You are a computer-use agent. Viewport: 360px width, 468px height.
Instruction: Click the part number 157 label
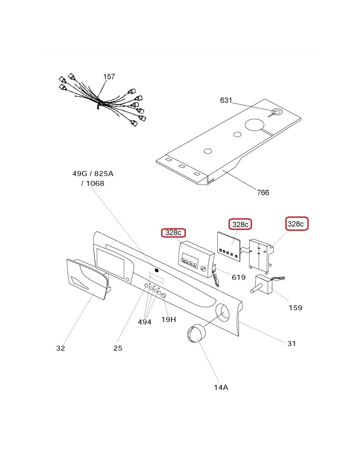(x=109, y=77)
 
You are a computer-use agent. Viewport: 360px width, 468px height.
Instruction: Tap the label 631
(x=226, y=100)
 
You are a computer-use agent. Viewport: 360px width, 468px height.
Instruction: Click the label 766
(x=263, y=193)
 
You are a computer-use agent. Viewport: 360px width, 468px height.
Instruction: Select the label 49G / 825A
(x=93, y=173)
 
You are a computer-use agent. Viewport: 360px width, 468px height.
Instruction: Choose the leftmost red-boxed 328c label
(x=173, y=233)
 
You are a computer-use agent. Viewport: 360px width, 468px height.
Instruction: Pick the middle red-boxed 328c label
(x=240, y=224)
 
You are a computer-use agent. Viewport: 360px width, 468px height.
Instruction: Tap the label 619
(x=238, y=277)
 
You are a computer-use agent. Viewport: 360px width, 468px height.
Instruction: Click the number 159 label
(x=295, y=308)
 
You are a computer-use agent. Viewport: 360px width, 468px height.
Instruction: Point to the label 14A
(x=220, y=387)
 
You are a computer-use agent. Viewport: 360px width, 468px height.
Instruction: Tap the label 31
(x=292, y=343)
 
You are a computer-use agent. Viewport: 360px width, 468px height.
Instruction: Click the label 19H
(x=168, y=320)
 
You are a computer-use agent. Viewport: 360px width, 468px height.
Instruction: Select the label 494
(x=144, y=321)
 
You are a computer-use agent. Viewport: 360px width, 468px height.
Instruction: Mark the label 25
(x=117, y=348)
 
